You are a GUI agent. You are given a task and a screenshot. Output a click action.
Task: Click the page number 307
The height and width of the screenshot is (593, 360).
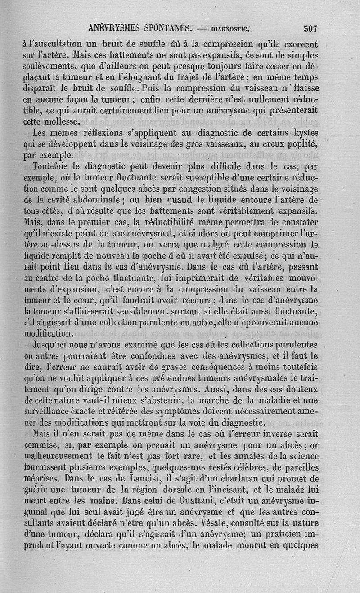[x=310, y=29]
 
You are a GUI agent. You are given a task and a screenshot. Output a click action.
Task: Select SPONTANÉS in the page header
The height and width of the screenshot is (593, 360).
[x=168, y=29]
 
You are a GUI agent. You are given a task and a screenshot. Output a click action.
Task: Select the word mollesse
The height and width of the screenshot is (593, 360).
[x=63, y=122]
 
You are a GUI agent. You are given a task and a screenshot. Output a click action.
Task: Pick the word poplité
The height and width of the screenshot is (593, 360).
[x=301, y=145]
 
